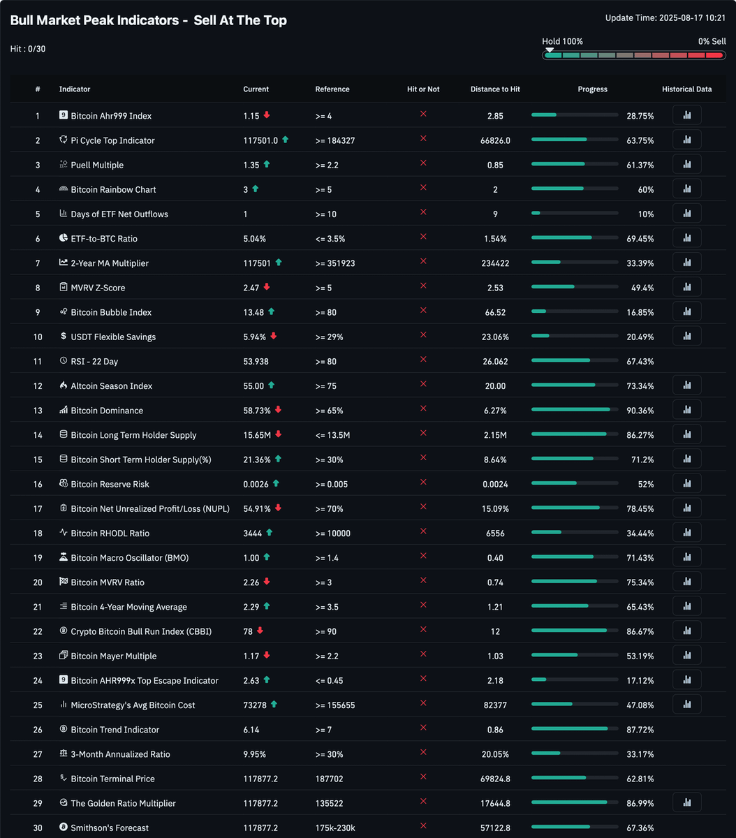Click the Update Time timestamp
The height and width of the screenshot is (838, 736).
pyautogui.click(x=665, y=18)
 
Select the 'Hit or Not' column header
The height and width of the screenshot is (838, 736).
pyautogui.click(x=423, y=89)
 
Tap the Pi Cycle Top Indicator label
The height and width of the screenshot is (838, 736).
pyautogui.click(x=112, y=140)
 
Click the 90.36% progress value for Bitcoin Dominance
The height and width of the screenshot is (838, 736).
pyautogui.click(x=640, y=411)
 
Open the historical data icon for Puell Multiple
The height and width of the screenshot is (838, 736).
pyautogui.click(x=686, y=165)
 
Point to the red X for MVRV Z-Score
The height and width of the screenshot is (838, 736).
pyautogui.click(x=423, y=286)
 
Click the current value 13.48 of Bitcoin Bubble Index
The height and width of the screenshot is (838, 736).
pyautogui.click(x=253, y=312)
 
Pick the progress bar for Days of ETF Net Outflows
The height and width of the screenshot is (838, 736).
pyautogui.click(x=574, y=213)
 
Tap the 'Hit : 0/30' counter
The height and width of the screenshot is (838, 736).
pyautogui.click(x=28, y=49)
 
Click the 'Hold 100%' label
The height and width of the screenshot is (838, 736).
pyautogui.click(x=562, y=42)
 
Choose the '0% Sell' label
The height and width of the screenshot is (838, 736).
pyautogui.click(x=712, y=42)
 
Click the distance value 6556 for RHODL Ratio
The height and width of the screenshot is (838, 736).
pyautogui.click(x=495, y=534)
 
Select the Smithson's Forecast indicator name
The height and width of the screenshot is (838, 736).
pyautogui.click(x=110, y=828)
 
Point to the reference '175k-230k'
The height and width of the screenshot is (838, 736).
pyautogui.click(x=335, y=828)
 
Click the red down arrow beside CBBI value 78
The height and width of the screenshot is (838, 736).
pyautogui.click(x=260, y=631)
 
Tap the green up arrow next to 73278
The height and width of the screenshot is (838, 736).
pyautogui.click(x=274, y=705)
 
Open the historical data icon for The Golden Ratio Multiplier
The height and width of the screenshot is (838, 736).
pyautogui.click(x=686, y=803)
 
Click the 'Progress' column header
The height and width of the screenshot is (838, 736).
pyautogui.click(x=592, y=89)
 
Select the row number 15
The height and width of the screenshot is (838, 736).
pyautogui.click(x=38, y=460)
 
